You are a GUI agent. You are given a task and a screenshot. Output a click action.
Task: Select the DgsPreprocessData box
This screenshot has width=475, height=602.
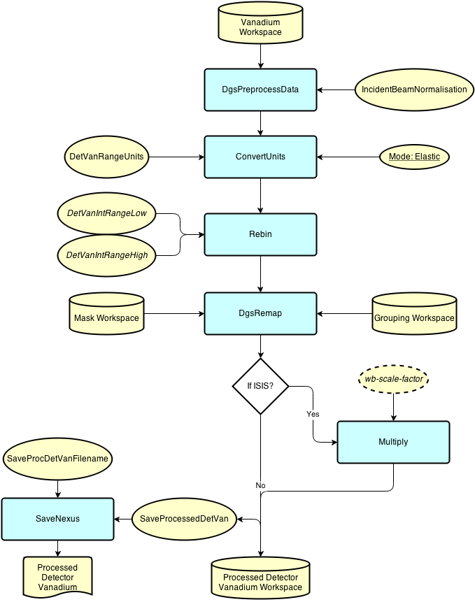pos(260,89)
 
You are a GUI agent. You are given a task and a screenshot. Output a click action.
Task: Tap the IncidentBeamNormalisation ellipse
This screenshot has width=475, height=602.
pos(414,89)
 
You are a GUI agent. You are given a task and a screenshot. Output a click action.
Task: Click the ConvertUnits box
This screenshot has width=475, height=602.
pos(260,157)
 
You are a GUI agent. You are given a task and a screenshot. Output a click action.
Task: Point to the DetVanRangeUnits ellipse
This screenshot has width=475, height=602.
pos(106,157)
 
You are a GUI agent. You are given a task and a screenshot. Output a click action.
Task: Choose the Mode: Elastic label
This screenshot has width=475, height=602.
pos(414,157)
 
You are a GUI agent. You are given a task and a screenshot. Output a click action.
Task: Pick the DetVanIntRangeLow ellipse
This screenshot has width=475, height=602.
pos(106,213)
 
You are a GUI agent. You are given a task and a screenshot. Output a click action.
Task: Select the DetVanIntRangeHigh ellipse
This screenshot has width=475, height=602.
pos(106,255)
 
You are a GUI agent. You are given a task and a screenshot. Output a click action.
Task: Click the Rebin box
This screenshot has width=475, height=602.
pos(260,234)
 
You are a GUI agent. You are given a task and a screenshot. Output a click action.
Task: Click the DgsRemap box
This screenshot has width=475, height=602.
pos(260,313)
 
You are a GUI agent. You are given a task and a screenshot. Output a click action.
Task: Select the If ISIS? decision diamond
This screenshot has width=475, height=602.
pos(260,386)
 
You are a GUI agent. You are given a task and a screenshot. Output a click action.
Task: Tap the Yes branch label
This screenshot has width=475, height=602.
pos(313,415)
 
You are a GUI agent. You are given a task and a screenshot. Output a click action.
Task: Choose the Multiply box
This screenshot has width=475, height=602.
pos(393,442)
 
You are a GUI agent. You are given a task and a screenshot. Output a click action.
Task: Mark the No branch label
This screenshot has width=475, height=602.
pos(261,485)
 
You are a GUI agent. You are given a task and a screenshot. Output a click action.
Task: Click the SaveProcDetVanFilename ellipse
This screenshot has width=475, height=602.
pos(57,459)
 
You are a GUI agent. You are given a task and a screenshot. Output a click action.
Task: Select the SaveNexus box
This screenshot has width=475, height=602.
pos(57,519)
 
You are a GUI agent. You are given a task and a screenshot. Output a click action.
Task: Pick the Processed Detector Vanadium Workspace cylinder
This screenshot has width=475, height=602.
pos(260,578)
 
